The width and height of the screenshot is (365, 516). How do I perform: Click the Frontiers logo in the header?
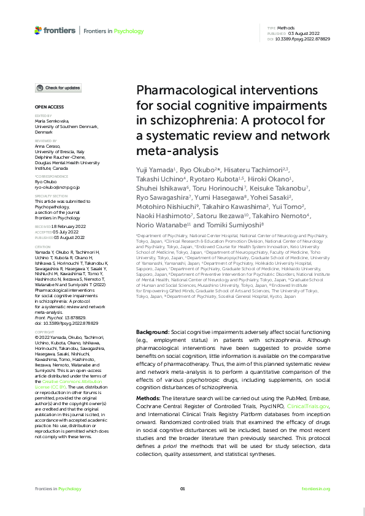(x=55, y=29)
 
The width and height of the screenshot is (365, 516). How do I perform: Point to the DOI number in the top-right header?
(x=304, y=38)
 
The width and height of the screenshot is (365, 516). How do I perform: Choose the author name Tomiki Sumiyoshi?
(x=236, y=225)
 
